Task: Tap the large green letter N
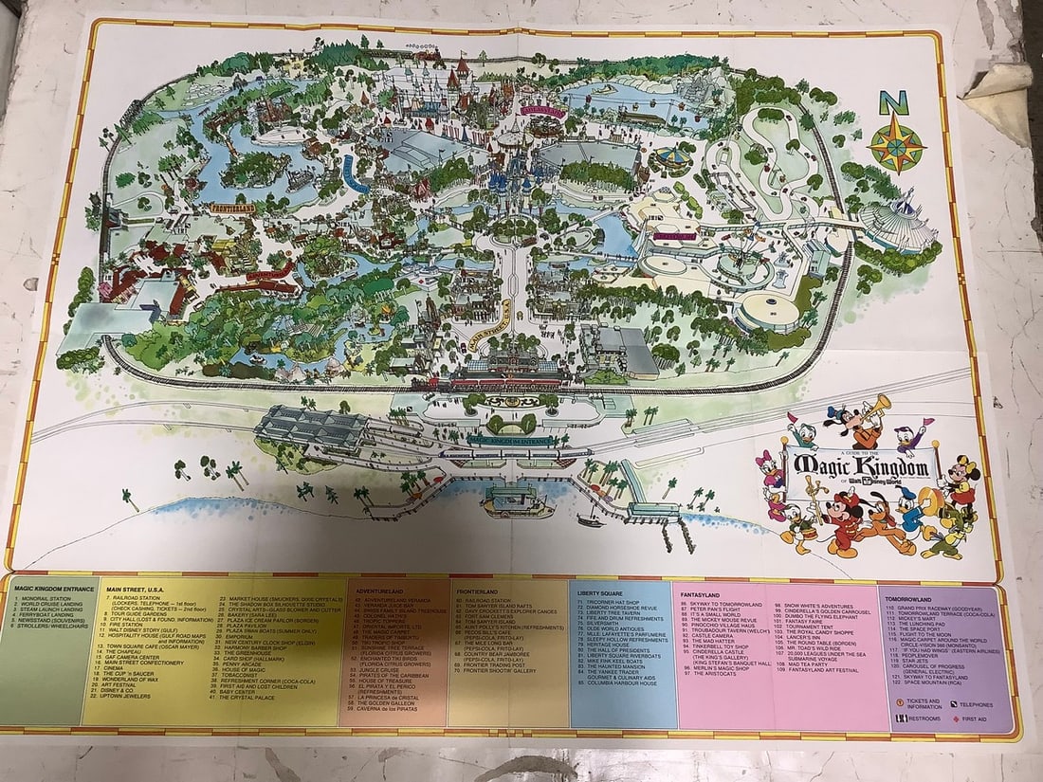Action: [x=892, y=101]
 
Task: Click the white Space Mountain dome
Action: [x=895, y=224]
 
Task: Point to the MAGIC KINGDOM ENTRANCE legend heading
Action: [x=54, y=589]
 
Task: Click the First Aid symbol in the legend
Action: [x=955, y=718]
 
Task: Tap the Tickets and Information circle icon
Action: [x=898, y=702]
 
